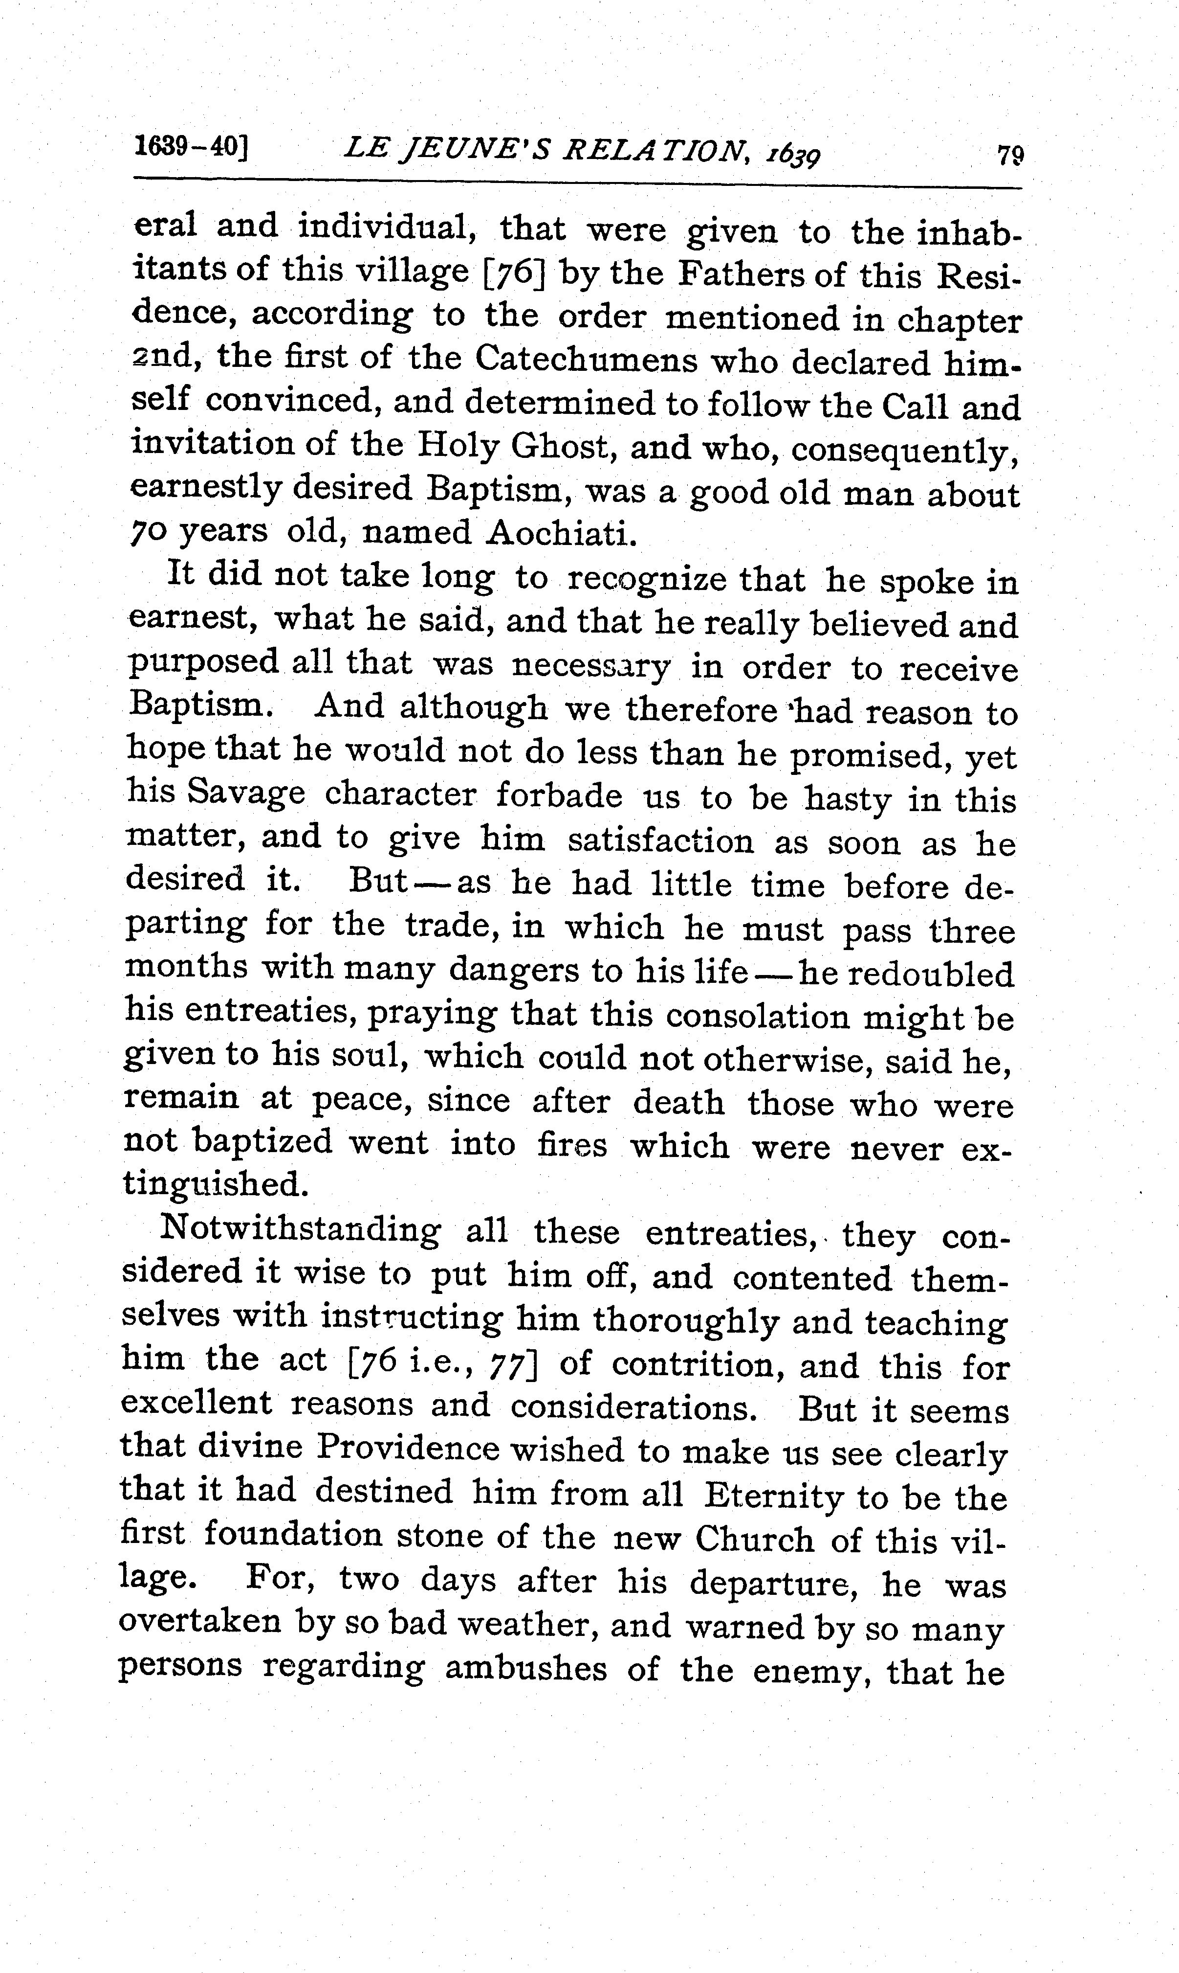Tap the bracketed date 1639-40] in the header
coord(191,145)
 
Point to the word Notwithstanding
coord(300,1230)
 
